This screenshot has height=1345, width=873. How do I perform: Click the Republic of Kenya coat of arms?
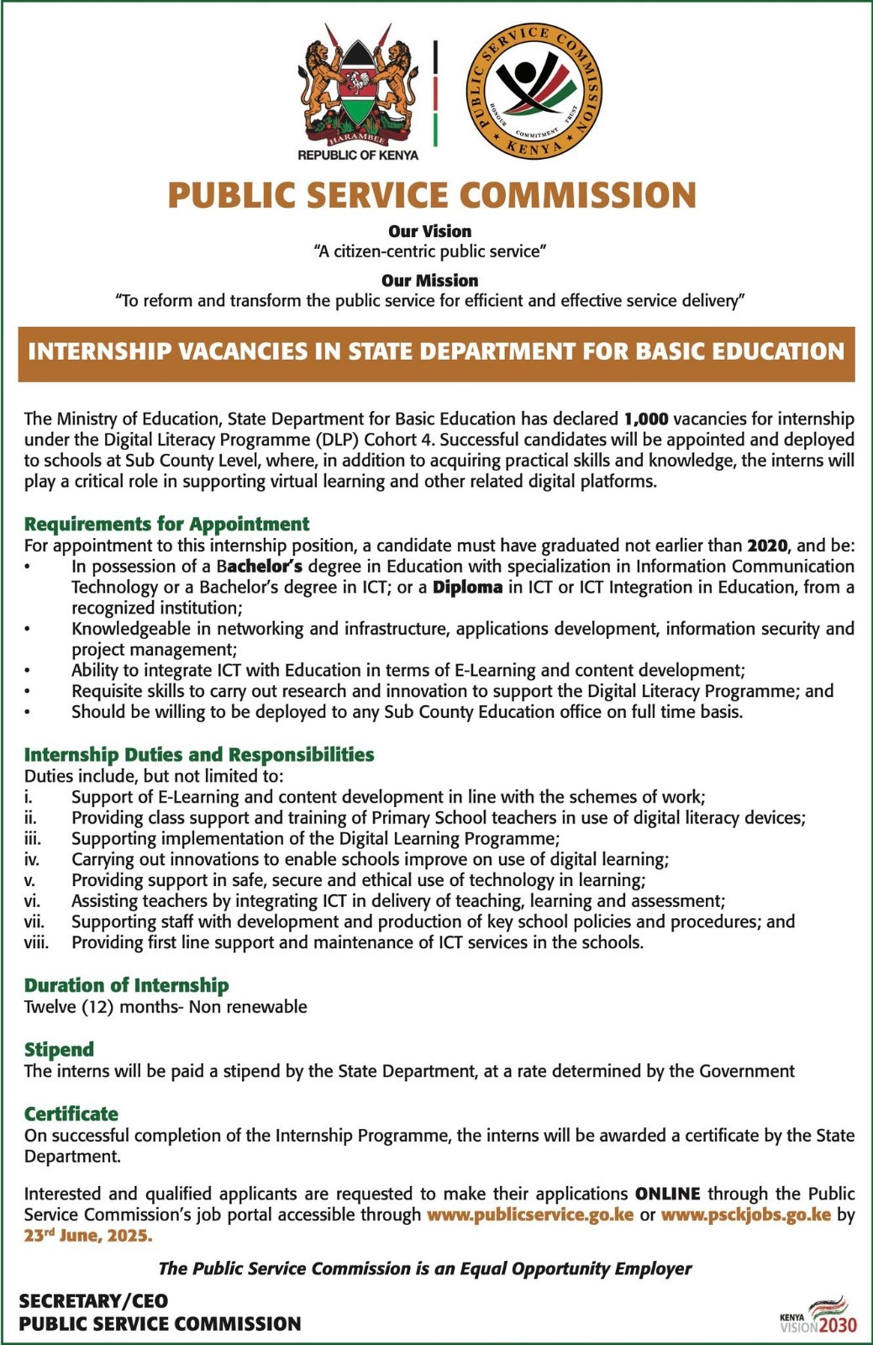point(358,84)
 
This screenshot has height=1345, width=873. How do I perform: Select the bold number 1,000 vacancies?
point(646,419)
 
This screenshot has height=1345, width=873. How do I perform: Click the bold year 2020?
point(767,546)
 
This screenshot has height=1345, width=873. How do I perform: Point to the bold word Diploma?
point(467,587)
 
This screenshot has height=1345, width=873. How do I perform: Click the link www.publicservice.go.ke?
point(530,1215)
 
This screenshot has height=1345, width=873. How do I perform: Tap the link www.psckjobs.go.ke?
point(745,1215)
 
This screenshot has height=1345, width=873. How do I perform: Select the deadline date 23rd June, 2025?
point(88,1236)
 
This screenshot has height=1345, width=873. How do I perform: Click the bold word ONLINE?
point(667,1194)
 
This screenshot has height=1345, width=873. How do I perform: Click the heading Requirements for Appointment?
point(166,524)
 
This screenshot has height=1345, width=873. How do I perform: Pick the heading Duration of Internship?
point(126,985)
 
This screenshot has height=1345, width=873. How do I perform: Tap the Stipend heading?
point(59,1049)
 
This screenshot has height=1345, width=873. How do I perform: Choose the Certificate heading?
point(71,1114)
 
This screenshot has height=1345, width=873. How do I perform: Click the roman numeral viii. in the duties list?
point(36,942)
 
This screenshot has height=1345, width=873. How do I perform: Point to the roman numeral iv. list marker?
point(32,859)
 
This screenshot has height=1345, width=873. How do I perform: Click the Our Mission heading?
point(429,281)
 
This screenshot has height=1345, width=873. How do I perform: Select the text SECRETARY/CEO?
point(93,1301)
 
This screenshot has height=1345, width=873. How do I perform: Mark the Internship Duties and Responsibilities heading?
point(199,754)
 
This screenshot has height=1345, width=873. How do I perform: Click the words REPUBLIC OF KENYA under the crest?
point(358,156)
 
